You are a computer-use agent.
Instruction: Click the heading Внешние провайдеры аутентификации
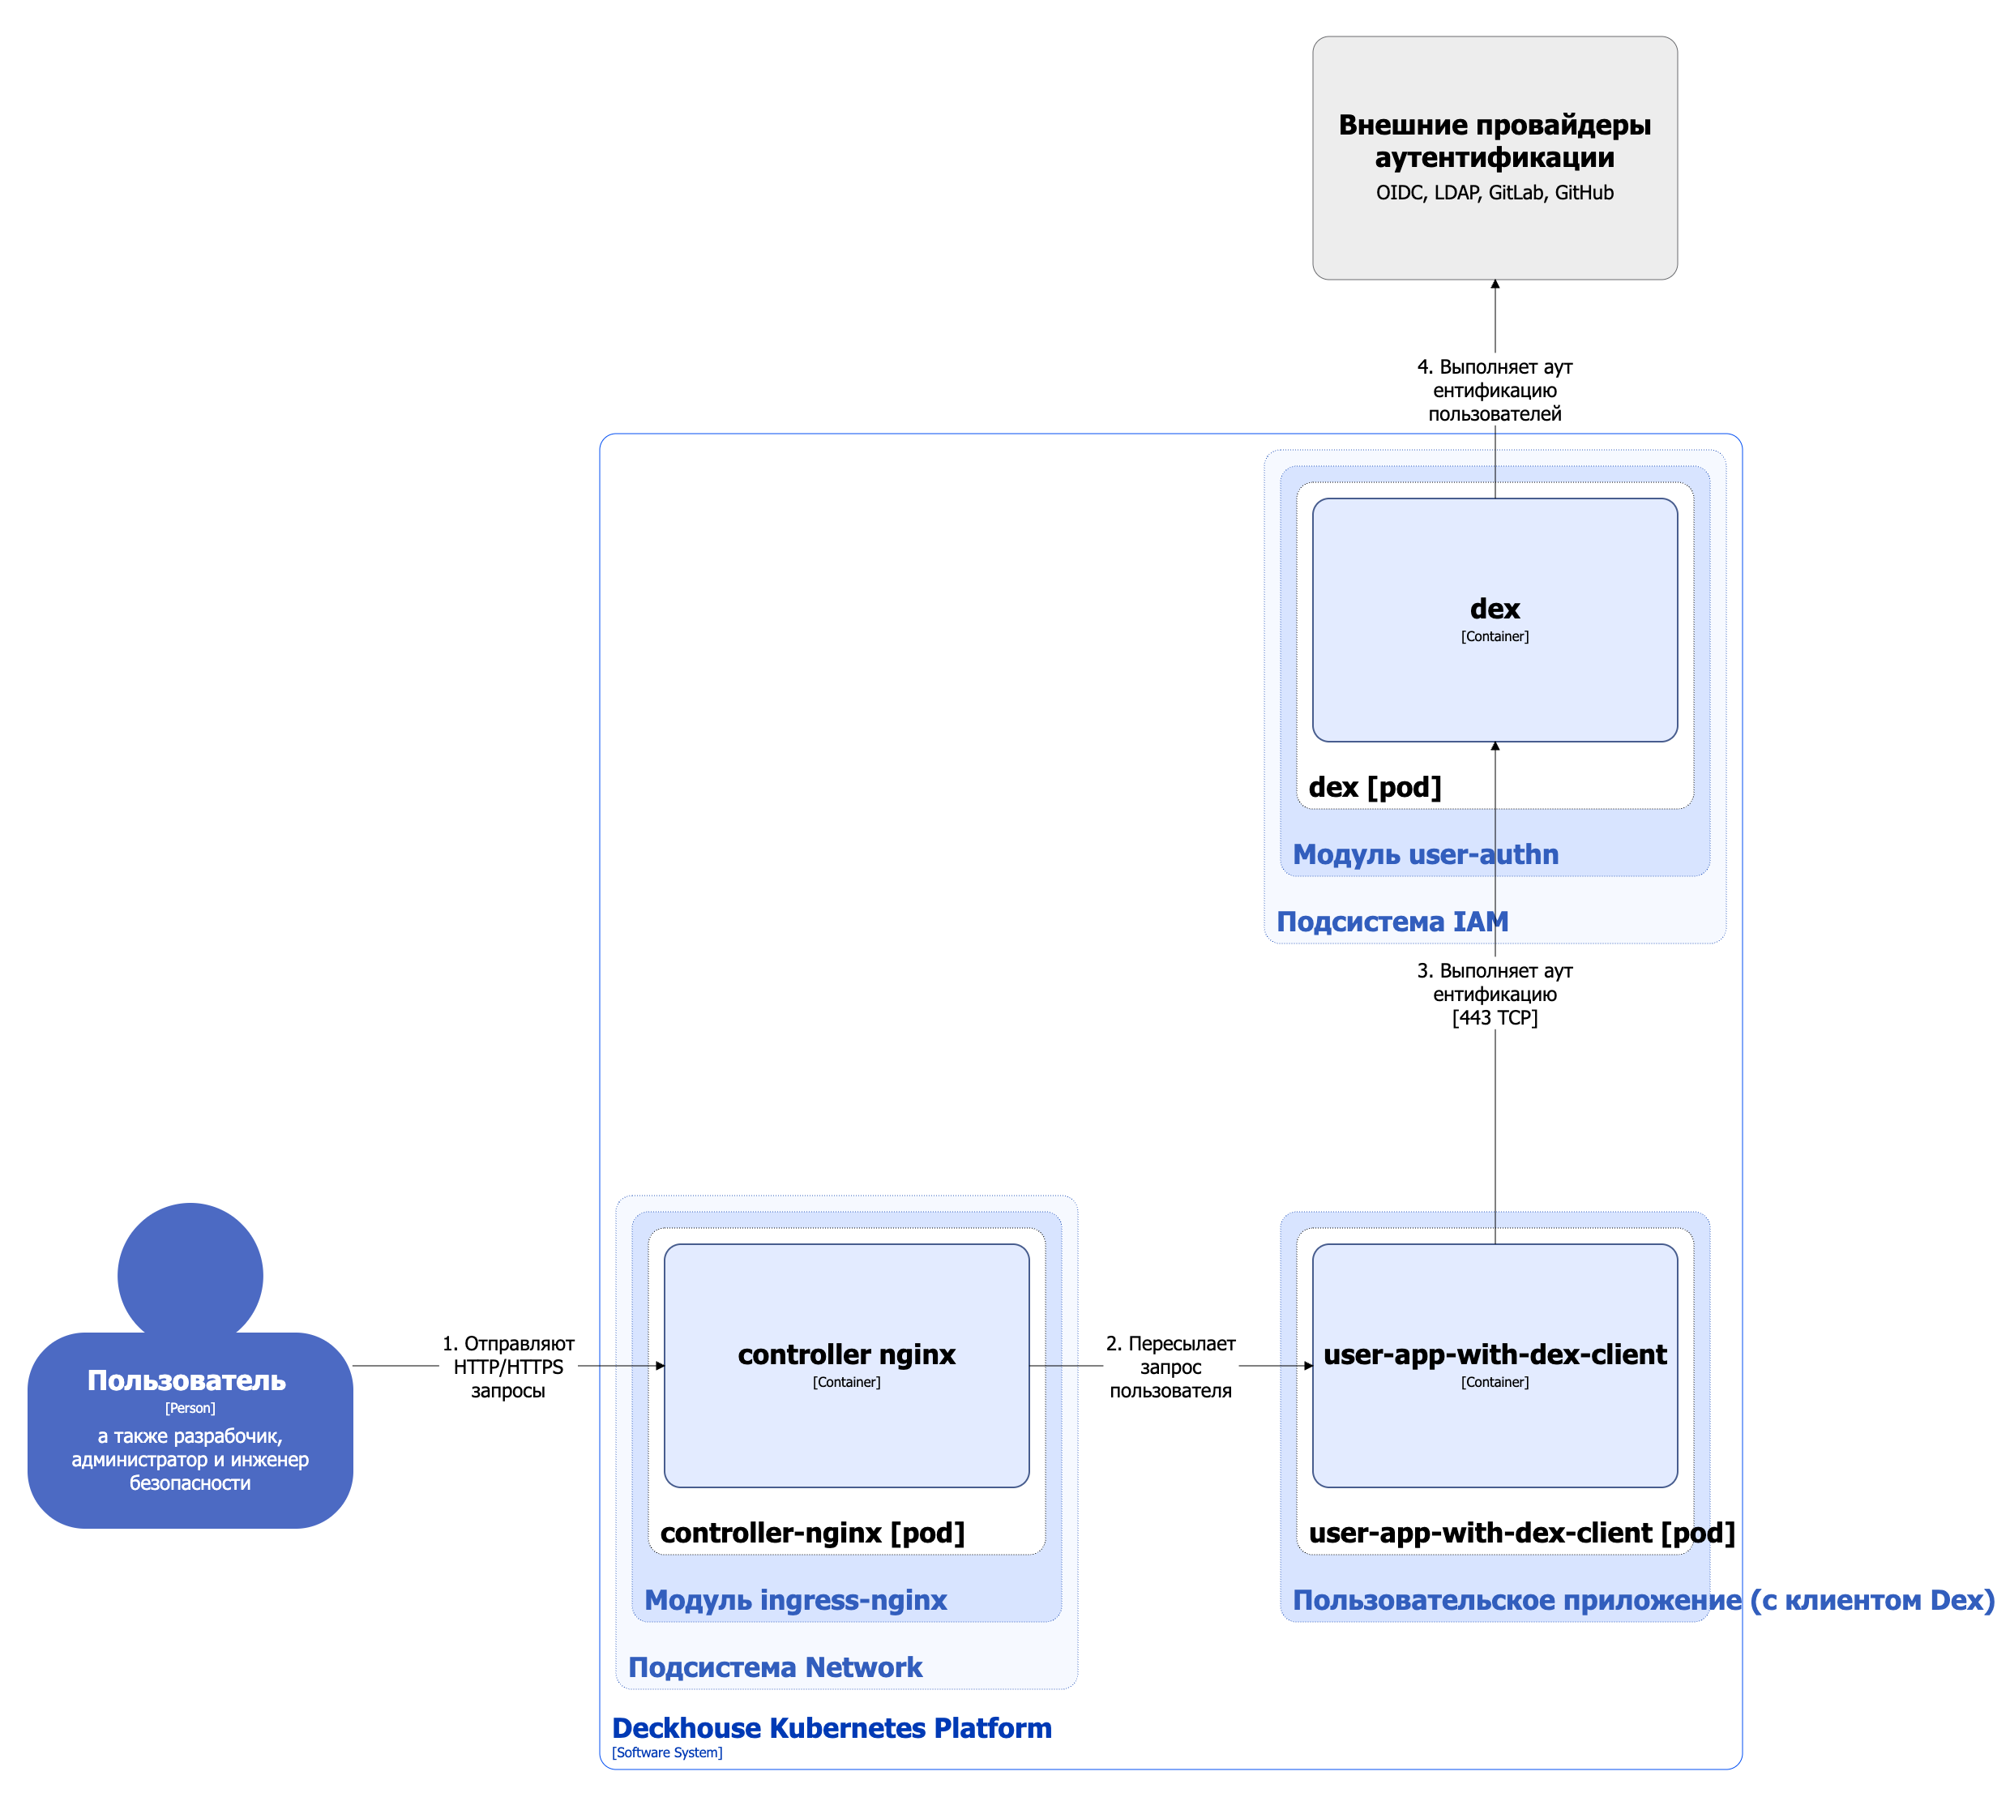tap(1494, 140)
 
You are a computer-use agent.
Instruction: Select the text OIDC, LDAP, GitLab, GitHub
tap(1494, 193)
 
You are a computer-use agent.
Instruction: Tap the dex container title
tap(1494, 609)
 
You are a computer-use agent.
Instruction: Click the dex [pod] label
tap(1375, 788)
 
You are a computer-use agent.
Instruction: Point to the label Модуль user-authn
tap(1424, 854)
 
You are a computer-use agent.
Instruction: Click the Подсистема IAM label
tap(1392, 922)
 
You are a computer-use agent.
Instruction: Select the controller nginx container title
tap(846, 1354)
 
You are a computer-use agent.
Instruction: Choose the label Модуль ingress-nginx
tap(796, 1600)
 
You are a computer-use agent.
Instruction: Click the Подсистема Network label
tap(775, 1668)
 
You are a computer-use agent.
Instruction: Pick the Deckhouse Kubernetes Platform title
tap(832, 1728)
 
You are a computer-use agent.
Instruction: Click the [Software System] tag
tap(667, 1753)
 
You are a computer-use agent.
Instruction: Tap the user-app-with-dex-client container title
tap(1494, 1354)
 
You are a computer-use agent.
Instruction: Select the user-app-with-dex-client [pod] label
tap(1520, 1534)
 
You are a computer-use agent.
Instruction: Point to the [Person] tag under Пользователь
tap(190, 1408)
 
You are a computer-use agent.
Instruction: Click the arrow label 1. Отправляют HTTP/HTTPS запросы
tap(508, 1367)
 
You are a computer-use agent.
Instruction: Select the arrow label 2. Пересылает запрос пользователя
tap(1170, 1367)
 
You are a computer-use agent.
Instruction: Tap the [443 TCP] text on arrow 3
tap(1494, 1017)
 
